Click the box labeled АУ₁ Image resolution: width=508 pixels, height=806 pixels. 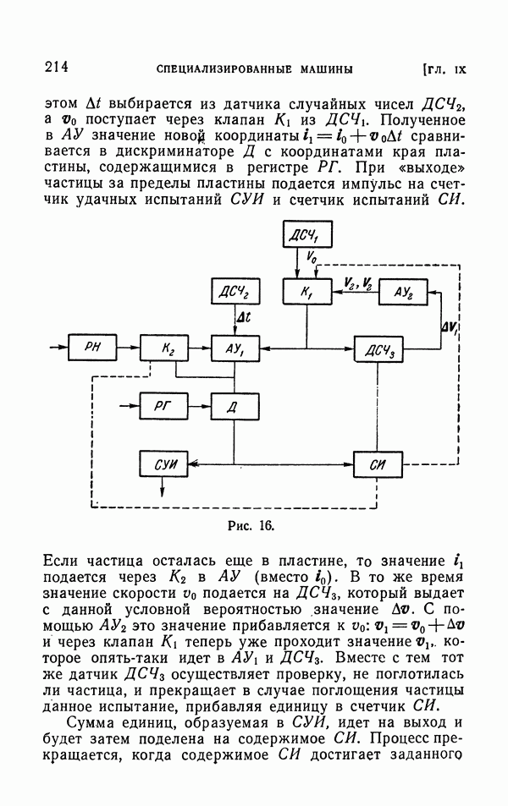(235, 347)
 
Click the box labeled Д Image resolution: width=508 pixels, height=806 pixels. (235, 406)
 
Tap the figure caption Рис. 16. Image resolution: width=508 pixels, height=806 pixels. (251, 525)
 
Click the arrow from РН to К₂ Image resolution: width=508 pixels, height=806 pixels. (130, 347)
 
